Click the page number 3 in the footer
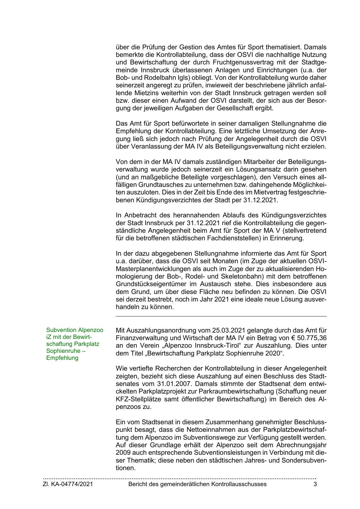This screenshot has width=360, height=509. [x=315, y=484]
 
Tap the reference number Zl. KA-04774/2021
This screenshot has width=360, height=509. [x=68, y=484]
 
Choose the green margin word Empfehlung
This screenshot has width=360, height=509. [x=62, y=358]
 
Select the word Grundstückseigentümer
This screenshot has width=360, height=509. [x=149, y=284]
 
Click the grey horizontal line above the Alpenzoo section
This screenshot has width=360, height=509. [x=221, y=316]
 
